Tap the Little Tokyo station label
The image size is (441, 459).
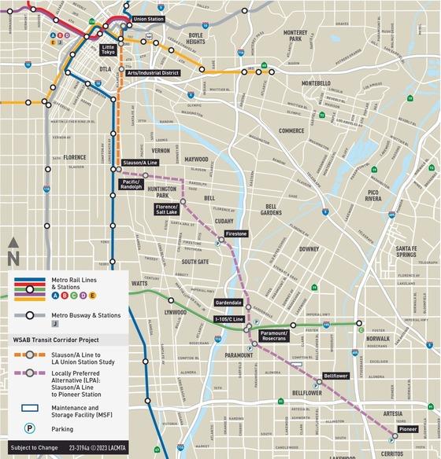tap(108, 50)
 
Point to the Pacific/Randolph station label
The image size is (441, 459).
tap(131, 184)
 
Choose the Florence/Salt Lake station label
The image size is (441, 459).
tap(166, 209)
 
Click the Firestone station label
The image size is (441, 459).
tap(236, 233)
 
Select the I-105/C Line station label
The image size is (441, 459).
tap(228, 320)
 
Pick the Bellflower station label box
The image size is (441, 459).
tap(335, 376)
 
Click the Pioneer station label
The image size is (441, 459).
tap(407, 430)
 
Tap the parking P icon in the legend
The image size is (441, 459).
tap(29, 430)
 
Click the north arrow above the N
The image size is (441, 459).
tap(13, 243)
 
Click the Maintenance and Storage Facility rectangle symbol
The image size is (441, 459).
tap(29, 408)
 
